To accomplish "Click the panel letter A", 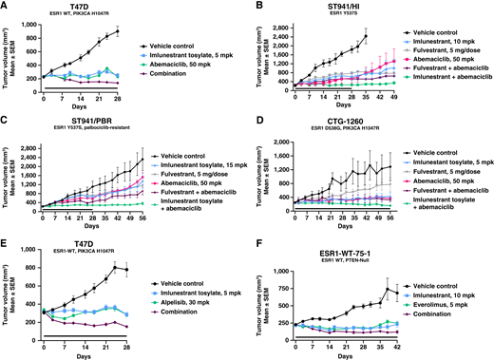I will coord(5,6).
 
